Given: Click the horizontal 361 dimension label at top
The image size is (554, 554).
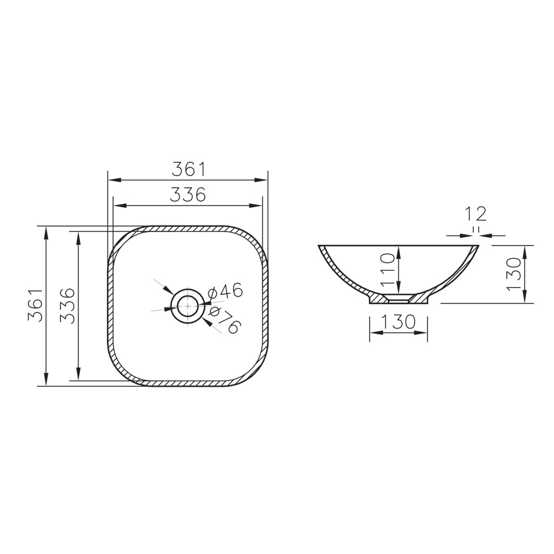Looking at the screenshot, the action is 188,170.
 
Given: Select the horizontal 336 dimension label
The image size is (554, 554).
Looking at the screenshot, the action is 188,194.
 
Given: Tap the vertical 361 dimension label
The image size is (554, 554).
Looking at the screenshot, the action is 35,305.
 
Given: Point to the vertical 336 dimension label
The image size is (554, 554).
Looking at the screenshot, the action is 68,305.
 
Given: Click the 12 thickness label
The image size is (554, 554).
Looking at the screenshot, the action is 475,214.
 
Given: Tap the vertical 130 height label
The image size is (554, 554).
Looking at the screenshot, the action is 514,274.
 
